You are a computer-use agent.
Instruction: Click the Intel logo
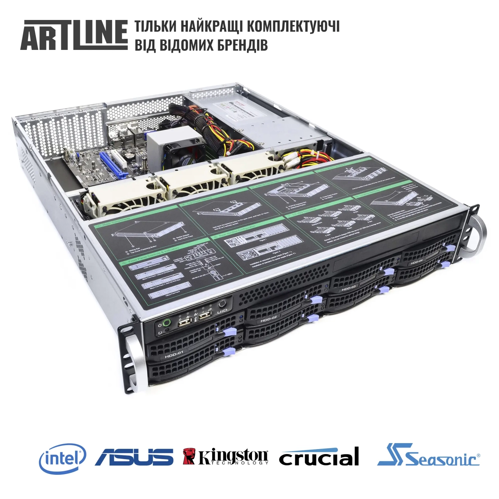coord(62,458)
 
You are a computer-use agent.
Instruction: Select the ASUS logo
coord(134,457)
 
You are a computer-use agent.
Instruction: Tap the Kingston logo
coord(226,457)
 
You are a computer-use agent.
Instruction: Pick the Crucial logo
coord(319,458)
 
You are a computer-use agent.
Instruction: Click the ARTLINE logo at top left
coord(74,35)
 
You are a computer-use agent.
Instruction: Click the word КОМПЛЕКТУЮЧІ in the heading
coord(293,27)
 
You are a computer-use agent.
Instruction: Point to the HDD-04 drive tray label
coord(416,262)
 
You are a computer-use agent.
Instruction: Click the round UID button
coord(222,304)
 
